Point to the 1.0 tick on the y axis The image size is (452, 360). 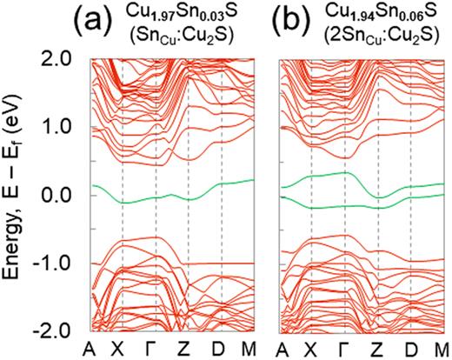62,126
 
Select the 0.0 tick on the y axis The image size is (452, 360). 62,195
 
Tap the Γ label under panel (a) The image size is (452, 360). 157,348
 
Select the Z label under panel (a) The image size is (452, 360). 190,348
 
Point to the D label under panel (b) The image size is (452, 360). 412,348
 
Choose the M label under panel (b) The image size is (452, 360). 442,348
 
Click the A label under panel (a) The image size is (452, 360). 90,348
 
